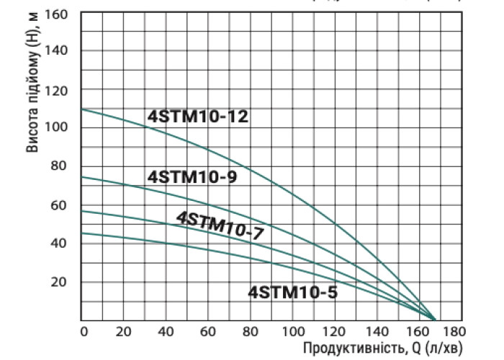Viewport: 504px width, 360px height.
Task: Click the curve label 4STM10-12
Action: click(198, 116)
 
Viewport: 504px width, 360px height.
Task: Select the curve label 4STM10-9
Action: click(192, 176)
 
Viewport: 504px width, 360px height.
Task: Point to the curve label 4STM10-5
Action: click(292, 292)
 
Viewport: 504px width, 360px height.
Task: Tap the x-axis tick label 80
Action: click(250, 332)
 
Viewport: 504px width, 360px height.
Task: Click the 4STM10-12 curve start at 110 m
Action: click(82, 109)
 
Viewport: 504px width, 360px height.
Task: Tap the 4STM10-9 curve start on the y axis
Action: click(82, 177)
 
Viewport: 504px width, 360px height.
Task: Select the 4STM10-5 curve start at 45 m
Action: click(82, 233)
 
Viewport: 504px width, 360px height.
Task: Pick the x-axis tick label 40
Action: click(166, 332)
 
